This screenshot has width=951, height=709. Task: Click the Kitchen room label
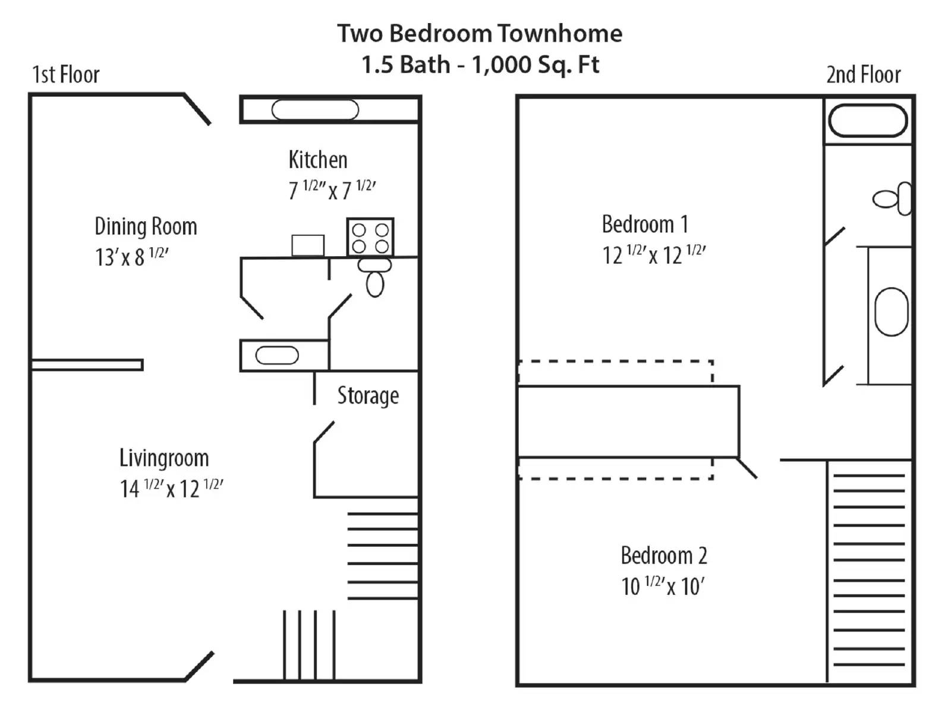pos(317,159)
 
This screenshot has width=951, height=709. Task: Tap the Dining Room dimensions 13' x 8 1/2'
pos(131,257)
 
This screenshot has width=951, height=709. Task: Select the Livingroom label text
pos(164,458)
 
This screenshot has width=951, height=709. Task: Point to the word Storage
pos(368,395)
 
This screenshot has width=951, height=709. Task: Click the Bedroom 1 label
pos(645,224)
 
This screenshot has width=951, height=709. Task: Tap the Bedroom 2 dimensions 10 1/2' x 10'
pos(663,587)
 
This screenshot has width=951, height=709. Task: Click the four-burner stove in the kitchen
pos(370,237)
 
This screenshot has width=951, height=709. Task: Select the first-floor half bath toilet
pos(374,278)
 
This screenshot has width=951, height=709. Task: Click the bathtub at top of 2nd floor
pos(868,121)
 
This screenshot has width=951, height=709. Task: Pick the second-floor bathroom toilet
pos(892,198)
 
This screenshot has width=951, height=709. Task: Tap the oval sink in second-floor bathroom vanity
pos(891,311)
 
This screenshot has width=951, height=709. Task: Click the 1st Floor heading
pos(65,75)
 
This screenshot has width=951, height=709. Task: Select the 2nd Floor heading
pos(863,75)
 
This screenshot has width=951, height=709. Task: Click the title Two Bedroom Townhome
pos(480,33)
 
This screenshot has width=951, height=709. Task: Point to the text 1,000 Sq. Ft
pos(535,64)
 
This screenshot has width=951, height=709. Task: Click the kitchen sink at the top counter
pos(315,110)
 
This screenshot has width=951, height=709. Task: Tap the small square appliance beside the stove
pos(308,245)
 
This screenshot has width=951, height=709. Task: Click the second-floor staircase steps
pos(868,571)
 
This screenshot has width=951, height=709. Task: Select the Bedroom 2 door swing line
pos(747,468)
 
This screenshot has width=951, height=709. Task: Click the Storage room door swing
pos(323,432)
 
